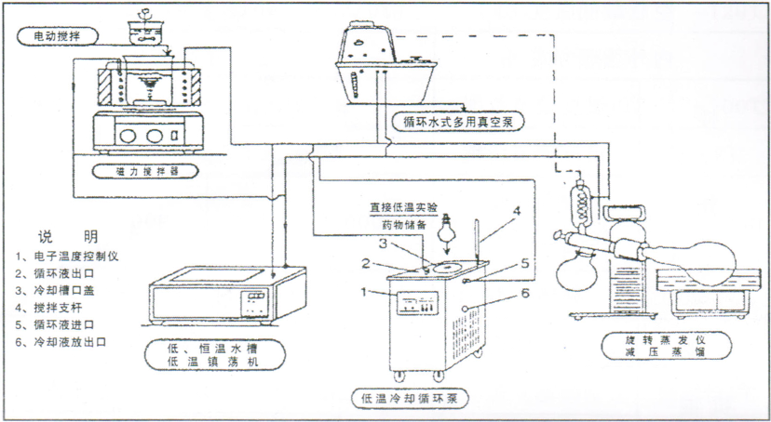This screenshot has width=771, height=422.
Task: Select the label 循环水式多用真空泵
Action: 464,121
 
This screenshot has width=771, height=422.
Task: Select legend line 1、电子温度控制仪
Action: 69,256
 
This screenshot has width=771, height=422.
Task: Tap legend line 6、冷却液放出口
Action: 62,341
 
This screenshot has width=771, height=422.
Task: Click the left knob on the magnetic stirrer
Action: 119,134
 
